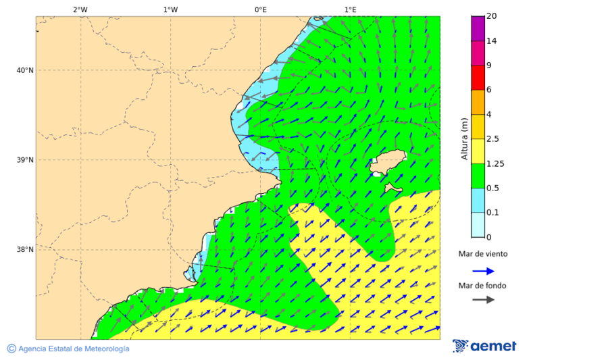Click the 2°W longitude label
pos(80,9)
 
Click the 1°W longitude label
pos(170,9)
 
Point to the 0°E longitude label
pos(260,9)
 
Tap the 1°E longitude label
pos(351,9)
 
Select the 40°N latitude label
pos(25,70)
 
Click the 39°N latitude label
pos(25,160)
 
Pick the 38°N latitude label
pos(25,249)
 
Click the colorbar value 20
pos(491,16)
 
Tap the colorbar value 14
pos(491,41)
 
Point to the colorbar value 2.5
pos(492,139)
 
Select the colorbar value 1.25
pos(495,163)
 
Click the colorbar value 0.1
pos(492,212)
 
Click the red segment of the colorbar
pos(478,78)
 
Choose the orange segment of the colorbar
pos(478,102)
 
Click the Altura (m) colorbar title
pos(464,138)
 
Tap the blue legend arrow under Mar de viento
pos(483,271)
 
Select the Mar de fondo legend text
pos(482,286)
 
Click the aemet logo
pos(484,346)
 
